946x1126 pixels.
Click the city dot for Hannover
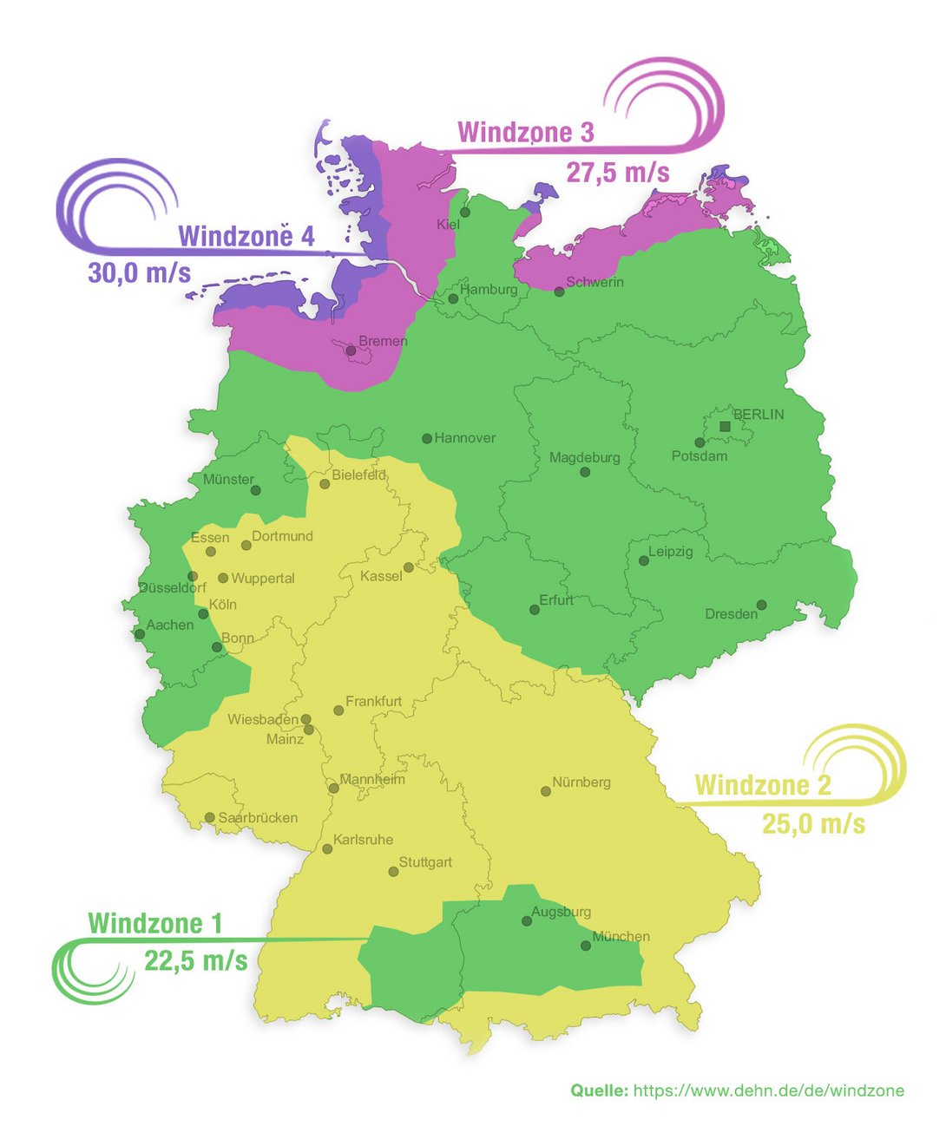click(427, 439)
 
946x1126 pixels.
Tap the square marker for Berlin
click(726, 426)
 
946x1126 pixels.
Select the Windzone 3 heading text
click(525, 132)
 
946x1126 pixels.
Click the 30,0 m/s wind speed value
click(139, 272)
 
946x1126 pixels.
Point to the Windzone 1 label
click(154, 923)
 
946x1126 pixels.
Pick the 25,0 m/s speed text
click(813, 823)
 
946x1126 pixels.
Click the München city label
click(621, 936)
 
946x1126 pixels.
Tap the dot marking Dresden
click(761, 605)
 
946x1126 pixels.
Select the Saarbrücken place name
click(258, 818)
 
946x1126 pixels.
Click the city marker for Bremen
click(351, 351)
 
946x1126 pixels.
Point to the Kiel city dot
click(465, 212)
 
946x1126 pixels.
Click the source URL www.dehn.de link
click(768, 1090)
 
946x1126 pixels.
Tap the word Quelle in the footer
click(599, 1090)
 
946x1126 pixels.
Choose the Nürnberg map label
click(581, 782)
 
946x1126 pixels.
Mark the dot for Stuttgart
click(393, 871)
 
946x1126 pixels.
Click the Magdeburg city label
click(584, 457)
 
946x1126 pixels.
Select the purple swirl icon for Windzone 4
click(113, 204)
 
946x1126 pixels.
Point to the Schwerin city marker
click(560, 291)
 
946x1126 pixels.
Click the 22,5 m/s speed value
click(195, 961)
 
